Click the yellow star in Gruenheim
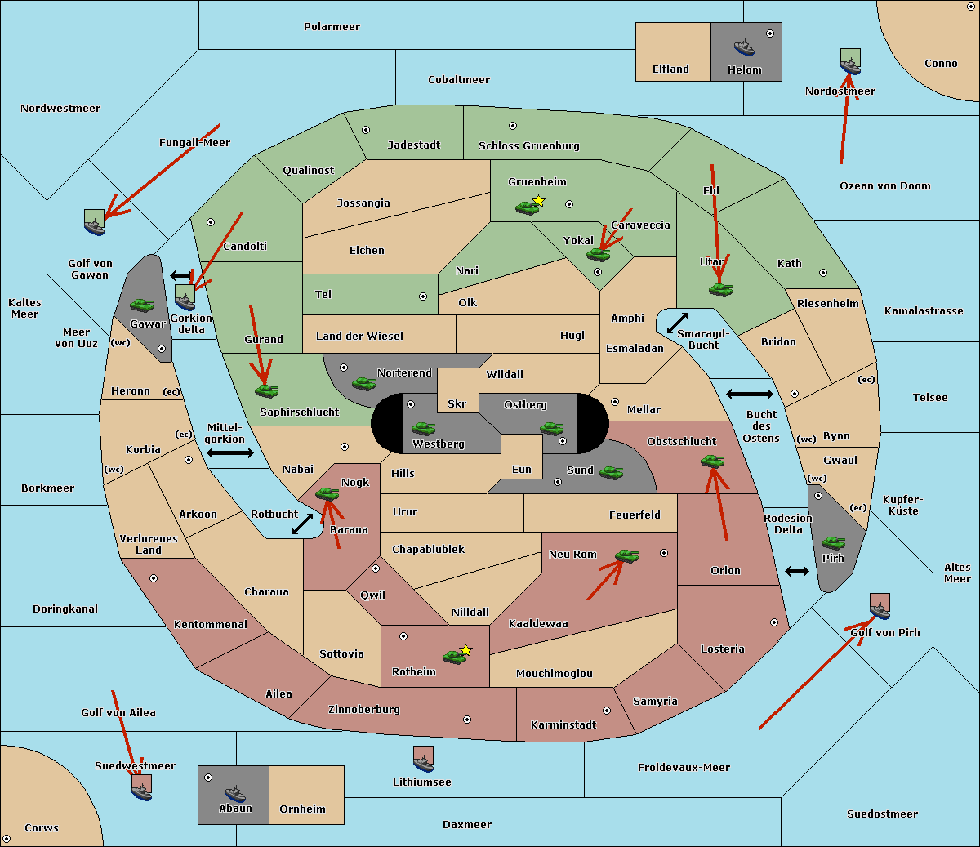click(x=538, y=200)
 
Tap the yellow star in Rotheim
click(x=466, y=650)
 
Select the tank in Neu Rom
click(x=626, y=556)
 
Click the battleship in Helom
click(x=744, y=47)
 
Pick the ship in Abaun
click(x=234, y=793)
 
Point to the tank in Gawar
click(x=142, y=305)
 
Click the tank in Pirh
click(x=833, y=542)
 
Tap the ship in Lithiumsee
click(x=423, y=760)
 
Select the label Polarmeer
click(x=332, y=27)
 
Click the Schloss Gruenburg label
click(x=528, y=146)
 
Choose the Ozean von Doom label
click(x=884, y=186)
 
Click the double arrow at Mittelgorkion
click(x=230, y=453)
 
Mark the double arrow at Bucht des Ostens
click(x=749, y=395)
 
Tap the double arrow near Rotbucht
click(x=302, y=524)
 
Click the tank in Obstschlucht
click(x=712, y=461)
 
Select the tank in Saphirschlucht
click(x=266, y=390)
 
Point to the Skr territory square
click(x=457, y=390)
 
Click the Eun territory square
click(x=521, y=457)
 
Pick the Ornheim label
click(x=302, y=809)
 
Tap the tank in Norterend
click(x=363, y=383)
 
